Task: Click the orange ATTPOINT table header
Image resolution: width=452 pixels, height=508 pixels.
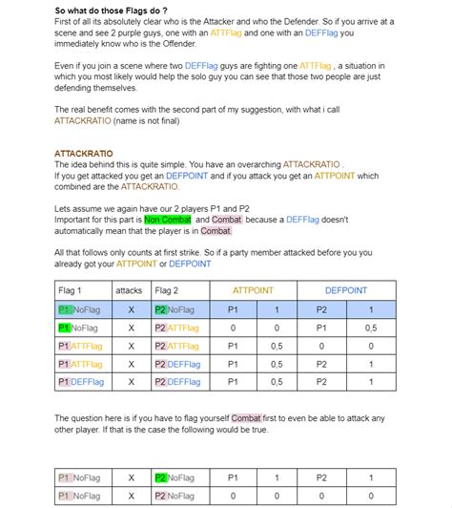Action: (253, 290)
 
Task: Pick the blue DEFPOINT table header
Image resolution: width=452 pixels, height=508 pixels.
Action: (345, 290)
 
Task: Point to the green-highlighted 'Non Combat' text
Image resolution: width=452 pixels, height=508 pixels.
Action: (169, 220)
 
